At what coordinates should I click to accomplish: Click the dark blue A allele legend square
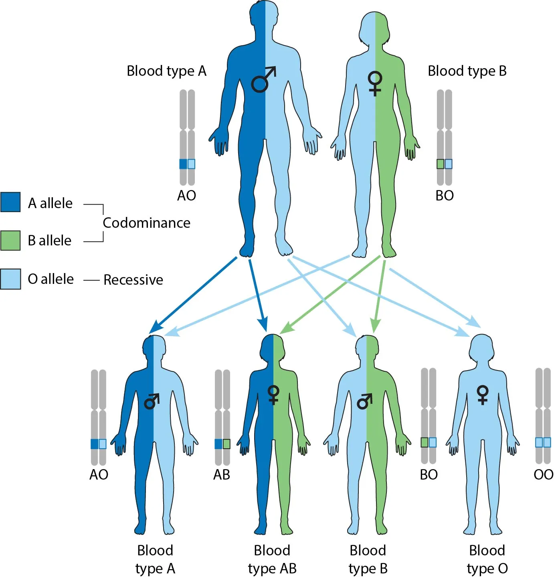(x=10, y=202)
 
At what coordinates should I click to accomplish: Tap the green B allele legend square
(x=10, y=240)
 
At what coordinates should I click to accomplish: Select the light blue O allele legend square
(x=10, y=279)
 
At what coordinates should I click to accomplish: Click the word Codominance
(x=146, y=223)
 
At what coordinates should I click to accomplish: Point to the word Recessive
(x=133, y=279)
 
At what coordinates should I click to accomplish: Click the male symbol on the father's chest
(x=263, y=79)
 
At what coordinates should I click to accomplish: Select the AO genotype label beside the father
(x=186, y=196)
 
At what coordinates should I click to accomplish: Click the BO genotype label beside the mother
(x=445, y=196)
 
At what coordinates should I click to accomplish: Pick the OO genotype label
(x=543, y=475)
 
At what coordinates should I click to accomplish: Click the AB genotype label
(x=221, y=475)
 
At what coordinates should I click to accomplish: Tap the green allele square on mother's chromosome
(x=441, y=164)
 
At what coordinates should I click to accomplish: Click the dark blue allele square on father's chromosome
(x=183, y=164)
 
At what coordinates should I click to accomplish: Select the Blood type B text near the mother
(x=467, y=71)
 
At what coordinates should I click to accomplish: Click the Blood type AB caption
(x=272, y=559)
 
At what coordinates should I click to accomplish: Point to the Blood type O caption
(x=487, y=559)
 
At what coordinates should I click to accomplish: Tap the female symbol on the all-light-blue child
(x=483, y=395)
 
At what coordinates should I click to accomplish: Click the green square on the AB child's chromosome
(x=226, y=444)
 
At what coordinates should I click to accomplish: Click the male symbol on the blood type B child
(x=365, y=401)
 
